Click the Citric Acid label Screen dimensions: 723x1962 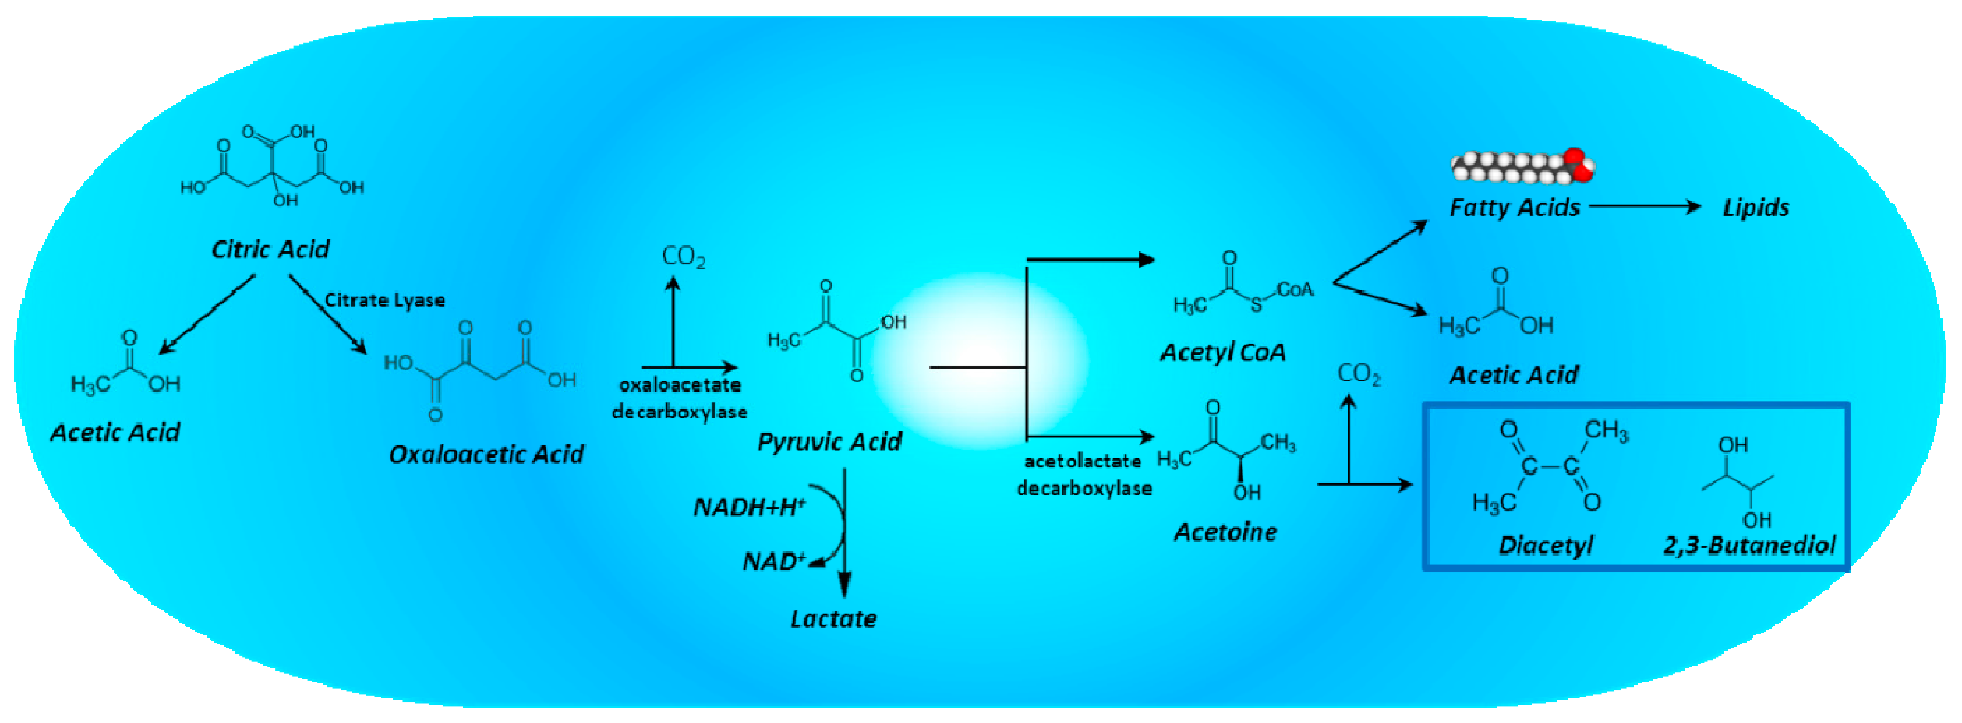click(270, 249)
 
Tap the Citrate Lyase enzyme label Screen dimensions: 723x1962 click(385, 300)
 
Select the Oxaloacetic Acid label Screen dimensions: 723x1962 click(486, 454)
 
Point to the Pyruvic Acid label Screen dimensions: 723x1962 click(830, 441)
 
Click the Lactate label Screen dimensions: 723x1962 click(833, 619)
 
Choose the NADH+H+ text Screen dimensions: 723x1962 click(749, 507)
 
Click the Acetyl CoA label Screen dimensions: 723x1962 click(1223, 352)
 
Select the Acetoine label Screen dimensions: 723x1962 click(1225, 532)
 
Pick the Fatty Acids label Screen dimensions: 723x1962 click(1514, 207)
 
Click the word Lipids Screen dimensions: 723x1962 click(1756, 207)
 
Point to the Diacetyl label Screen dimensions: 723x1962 click(1546, 546)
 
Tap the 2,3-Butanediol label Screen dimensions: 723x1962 click(1750, 546)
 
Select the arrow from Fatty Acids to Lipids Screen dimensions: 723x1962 click(1645, 206)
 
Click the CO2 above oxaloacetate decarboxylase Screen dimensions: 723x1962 click(683, 257)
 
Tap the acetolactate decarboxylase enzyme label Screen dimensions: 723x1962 click(1084, 475)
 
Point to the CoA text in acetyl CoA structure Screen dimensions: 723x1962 click(1295, 290)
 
